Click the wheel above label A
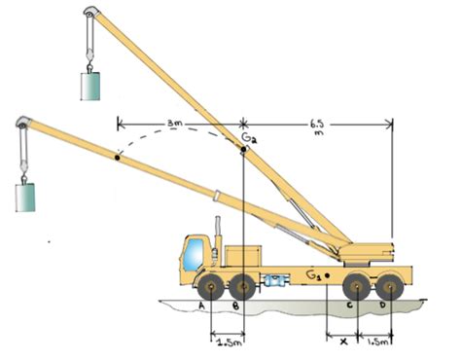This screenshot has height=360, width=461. tap(211, 287)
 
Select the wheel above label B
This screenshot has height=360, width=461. tap(243, 287)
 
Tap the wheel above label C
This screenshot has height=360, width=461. tap(357, 287)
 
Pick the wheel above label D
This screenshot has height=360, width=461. tap(390, 287)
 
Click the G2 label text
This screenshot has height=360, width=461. tap(250, 137)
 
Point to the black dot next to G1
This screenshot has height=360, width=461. tap(327, 275)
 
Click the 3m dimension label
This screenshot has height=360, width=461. tap(175, 124)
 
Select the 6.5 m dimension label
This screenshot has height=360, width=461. tap(316, 127)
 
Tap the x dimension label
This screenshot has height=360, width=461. tap(344, 342)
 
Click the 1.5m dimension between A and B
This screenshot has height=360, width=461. tap(230, 342)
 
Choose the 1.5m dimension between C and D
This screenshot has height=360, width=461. tap(377, 342)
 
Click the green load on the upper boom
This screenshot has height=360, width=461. tap(90, 86)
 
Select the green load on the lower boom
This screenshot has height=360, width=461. tap(25, 198)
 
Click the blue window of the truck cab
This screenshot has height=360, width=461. tap(193, 255)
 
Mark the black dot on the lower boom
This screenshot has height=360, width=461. tap(118, 158)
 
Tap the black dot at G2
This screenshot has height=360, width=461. tap(243, 149)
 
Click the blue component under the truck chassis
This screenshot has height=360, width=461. tap(275, 280)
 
